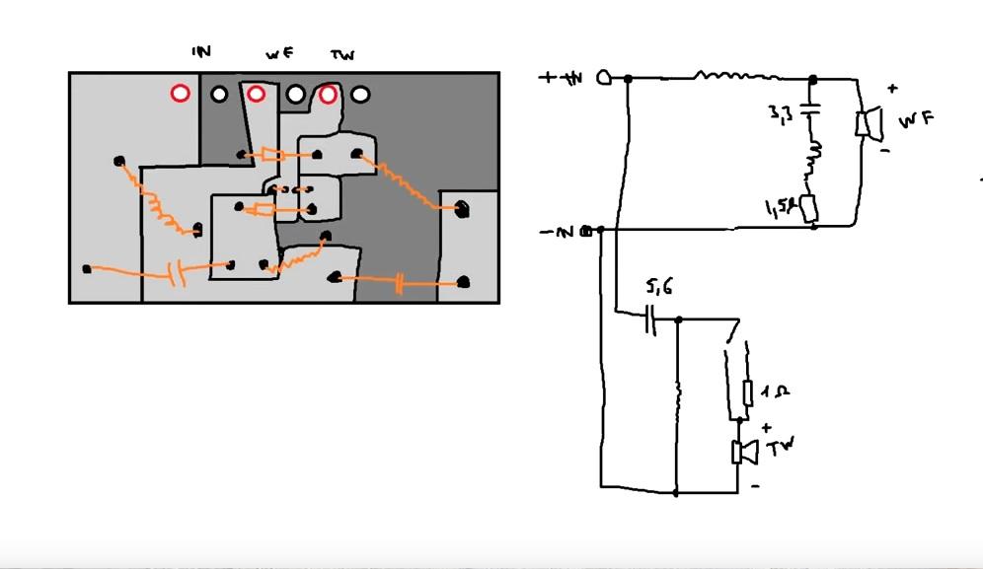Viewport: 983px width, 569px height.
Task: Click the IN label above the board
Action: coord(201,51)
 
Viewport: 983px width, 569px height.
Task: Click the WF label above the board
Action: coord(279,54)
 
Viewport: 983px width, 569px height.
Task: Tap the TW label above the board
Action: coord(342,55)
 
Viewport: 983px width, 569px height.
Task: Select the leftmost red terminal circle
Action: coord(180,94)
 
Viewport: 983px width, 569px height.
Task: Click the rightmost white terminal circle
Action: coord(361,95)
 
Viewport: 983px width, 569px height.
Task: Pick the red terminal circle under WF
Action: coord(256,94)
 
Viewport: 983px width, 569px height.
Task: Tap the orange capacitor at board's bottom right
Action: coord(399,284)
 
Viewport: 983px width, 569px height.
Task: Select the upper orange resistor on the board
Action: coord(271,155)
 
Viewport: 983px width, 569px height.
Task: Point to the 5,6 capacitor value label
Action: coord(658,289)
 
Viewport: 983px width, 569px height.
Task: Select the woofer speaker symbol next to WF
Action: coord(867,125)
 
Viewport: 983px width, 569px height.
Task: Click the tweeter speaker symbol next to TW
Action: coord(742,452)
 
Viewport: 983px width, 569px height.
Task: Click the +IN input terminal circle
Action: coord(604,78)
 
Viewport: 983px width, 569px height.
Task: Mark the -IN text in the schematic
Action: coord(558,233)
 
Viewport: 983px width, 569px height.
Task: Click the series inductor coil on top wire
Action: coord(736,75)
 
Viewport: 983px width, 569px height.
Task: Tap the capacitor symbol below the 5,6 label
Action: coord(650,319)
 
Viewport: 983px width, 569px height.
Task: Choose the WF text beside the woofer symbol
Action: coord(914,121)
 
